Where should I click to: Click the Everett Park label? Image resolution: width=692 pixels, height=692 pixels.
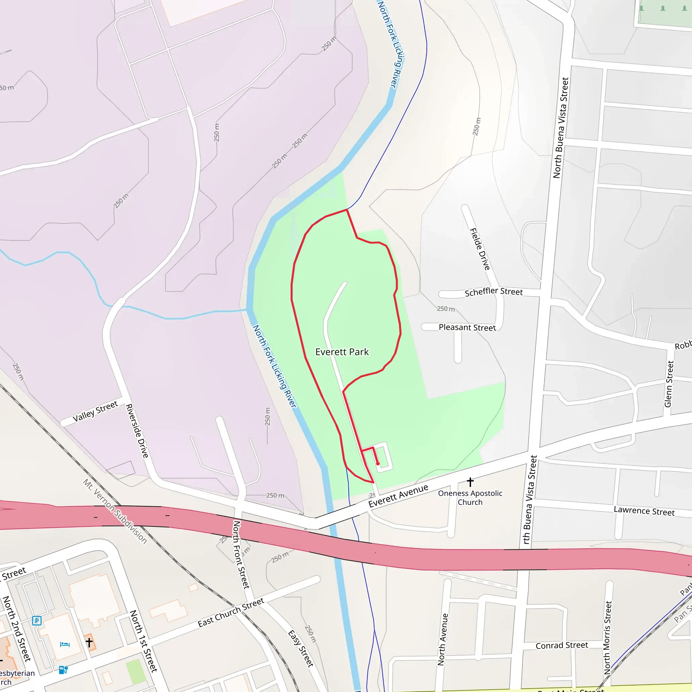[x=342, y=352]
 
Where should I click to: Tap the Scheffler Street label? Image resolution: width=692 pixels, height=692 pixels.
[x=493, y=292]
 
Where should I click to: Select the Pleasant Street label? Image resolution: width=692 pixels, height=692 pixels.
[x=467, y=327]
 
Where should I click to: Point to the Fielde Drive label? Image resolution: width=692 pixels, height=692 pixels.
[x=479, y=249]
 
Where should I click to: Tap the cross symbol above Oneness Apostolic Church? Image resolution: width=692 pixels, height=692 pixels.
[x=470, y=481]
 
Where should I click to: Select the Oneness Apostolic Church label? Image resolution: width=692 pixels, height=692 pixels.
[x=470, y=497]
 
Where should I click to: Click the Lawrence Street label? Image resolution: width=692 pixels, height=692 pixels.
[x=644, y=511]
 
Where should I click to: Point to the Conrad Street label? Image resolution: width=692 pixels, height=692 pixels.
[x=562, y=645]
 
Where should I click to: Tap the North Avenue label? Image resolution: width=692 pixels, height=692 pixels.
[x=443, y=639]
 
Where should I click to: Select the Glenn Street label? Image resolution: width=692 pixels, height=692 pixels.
[x=668, y=384]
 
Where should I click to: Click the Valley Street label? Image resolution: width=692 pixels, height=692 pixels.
[x=95, y=412]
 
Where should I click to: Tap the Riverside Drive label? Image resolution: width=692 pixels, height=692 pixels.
[x=137, y=430]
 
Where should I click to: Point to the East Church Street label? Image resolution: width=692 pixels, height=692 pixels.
[x=231, y=613]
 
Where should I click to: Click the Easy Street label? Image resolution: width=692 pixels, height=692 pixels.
[x=301, y=648]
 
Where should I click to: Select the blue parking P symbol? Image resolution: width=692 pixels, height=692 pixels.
[x=36, y=620]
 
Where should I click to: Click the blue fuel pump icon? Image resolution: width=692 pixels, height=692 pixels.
[x=63, y=669]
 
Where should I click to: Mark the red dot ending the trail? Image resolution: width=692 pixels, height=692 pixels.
[x=377, y=464]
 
